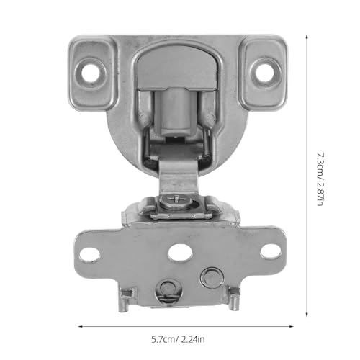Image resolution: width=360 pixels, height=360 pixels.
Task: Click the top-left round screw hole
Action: [x=91, y=73]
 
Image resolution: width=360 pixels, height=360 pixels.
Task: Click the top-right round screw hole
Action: [x=264, y=73]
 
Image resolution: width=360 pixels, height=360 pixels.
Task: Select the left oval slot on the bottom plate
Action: [x=89, y=254]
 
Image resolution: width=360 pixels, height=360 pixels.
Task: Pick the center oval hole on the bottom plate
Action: [x=180, y=253]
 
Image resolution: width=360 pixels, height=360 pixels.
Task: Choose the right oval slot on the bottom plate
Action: [x=271, y=251]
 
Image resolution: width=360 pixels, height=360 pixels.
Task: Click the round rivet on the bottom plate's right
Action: [x=210, y=278]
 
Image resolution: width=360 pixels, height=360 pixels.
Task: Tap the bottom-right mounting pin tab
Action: [x=233, y=299]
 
